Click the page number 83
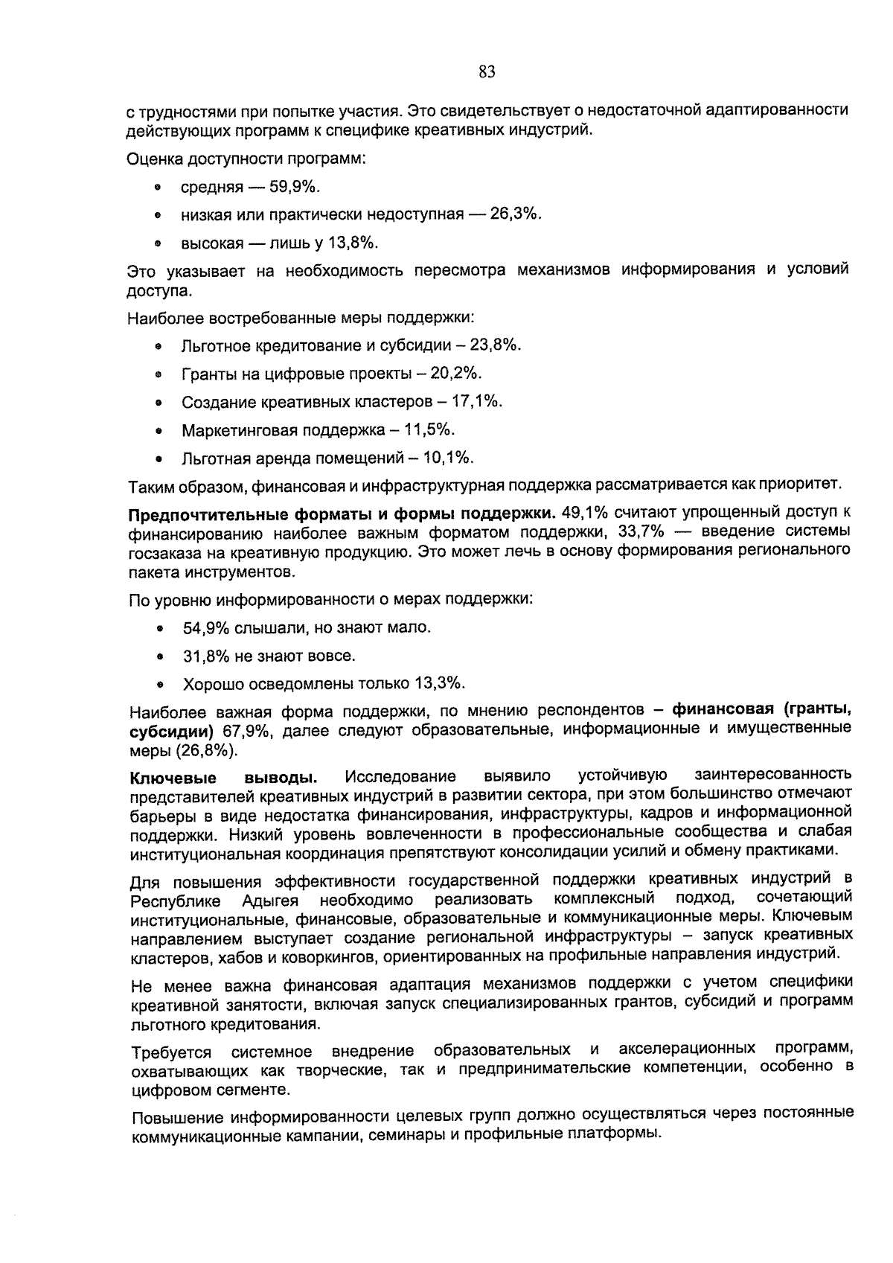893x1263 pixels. pos(487,72)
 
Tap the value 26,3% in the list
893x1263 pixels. pos(515,214)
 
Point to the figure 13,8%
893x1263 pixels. pos(352,243)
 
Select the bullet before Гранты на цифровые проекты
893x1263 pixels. pos(159,375)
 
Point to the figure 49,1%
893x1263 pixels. pos(586,514)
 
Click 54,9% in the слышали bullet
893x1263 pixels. pos(206,627)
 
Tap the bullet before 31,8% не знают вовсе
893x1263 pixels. pos(160,657)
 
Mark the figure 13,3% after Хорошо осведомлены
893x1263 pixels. pos(440,683)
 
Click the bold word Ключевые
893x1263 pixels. pos(173,778)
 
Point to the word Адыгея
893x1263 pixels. pos(270,901)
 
